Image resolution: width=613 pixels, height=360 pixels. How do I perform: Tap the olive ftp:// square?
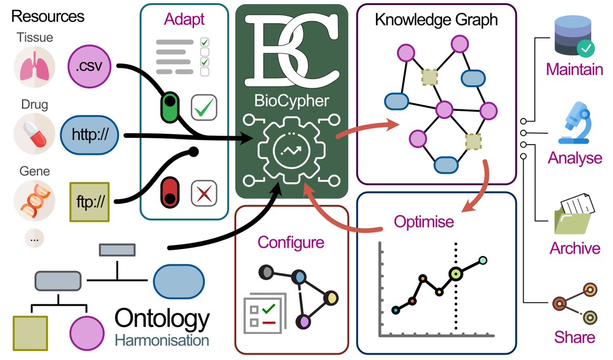89,202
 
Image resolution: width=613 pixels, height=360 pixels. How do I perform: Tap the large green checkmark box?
204,107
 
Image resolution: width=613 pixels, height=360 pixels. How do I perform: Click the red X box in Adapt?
204,194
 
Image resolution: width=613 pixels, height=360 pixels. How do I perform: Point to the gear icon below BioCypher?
292,149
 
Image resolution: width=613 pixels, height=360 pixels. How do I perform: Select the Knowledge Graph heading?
436,20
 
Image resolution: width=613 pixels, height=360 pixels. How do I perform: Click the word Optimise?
423,222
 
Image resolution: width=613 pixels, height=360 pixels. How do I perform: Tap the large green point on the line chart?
455,274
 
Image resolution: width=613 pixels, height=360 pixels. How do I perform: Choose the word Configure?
291,242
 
